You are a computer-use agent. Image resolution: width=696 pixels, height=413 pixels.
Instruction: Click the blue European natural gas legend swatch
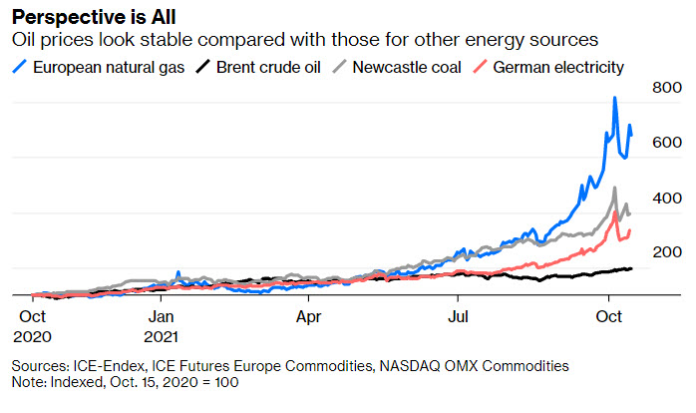click(19, 68)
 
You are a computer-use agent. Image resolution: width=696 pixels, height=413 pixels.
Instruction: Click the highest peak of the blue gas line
click(615, 98)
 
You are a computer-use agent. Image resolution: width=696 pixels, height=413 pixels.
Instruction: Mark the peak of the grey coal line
click(614, 188)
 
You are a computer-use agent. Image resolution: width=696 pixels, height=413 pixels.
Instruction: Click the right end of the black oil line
click(630, 268)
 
